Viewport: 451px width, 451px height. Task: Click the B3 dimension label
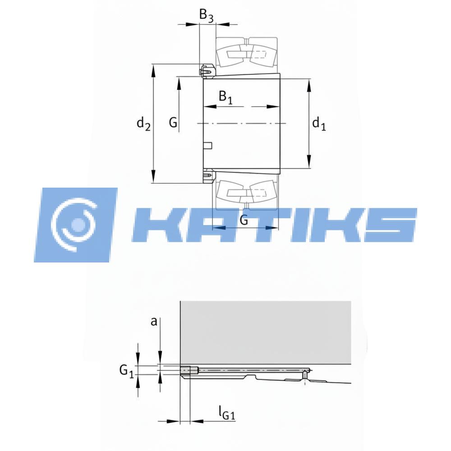point(207,15)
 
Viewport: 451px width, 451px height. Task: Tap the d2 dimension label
point(143,124)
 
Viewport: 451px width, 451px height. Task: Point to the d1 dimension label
point(319,124)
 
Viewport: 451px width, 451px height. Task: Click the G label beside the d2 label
point(173,123)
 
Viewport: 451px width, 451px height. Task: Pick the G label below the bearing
point(244,221)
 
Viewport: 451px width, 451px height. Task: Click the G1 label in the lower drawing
point(127,371)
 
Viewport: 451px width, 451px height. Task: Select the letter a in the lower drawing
point(154,321)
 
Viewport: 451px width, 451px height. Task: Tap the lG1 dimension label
point(227,413)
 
